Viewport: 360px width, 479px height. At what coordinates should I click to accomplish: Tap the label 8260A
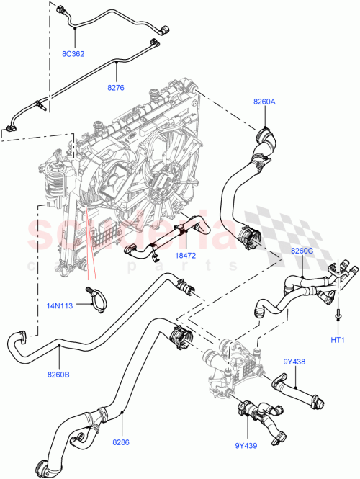(x=264, y=102)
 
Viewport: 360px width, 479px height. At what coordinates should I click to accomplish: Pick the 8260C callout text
(x=303, y=250)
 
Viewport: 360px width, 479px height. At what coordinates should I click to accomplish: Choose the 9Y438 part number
(x=294, y=362)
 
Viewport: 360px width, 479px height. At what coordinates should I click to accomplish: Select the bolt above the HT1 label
(x=338, y=315)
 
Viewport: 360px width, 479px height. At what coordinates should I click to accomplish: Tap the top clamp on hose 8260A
(x=264, y=134)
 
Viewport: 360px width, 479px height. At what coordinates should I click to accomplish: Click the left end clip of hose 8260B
(x=23, y=335)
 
